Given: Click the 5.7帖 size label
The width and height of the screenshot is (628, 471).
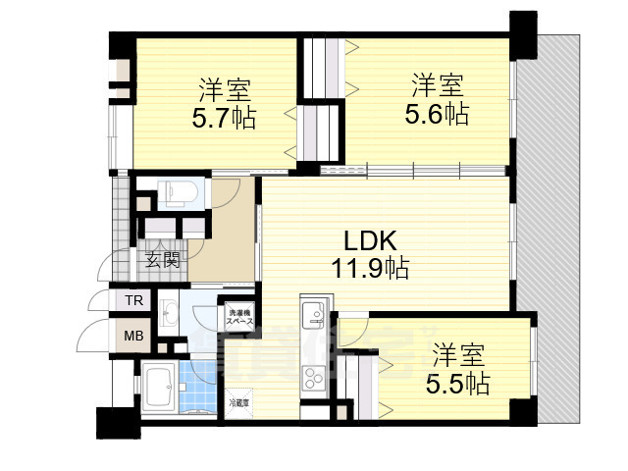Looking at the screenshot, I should [x=225, y=119].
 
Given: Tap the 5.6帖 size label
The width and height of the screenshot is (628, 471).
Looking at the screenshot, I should [x=437, y=114].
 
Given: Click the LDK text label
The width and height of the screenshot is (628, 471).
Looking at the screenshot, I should [x=369, y=240].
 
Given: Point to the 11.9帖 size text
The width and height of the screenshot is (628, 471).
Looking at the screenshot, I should [x=369, y=267].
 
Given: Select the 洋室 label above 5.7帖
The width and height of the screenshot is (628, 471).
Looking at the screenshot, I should [x=225, y=90].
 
